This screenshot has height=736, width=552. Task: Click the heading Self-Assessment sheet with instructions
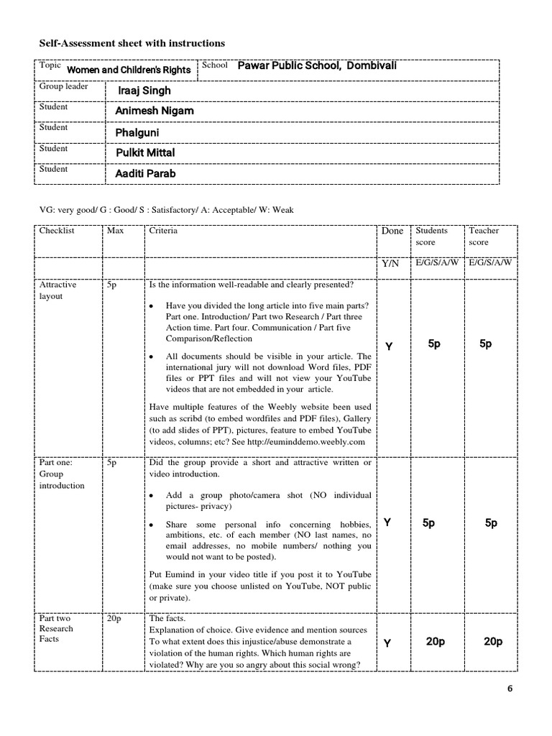132,44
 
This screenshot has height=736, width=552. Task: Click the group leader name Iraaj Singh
144,91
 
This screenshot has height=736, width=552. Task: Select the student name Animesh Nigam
154,111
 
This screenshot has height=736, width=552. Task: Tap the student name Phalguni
137,133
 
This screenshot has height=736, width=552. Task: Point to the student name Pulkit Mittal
145,153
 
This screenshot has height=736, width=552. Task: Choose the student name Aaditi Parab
145,174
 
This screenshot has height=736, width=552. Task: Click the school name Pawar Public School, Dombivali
317,66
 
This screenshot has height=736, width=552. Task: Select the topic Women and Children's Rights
129,70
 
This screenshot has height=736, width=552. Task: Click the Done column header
392,231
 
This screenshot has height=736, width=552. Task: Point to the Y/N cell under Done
390,264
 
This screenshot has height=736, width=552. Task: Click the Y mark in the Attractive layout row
389,347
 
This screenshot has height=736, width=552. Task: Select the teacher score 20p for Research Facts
493,642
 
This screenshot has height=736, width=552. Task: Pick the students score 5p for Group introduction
428,523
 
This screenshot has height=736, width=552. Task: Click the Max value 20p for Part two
115,617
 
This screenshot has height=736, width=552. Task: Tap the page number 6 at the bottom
510,689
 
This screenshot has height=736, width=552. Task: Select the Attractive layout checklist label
57,290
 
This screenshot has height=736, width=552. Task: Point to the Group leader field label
63,86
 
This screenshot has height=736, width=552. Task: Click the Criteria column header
163,231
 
